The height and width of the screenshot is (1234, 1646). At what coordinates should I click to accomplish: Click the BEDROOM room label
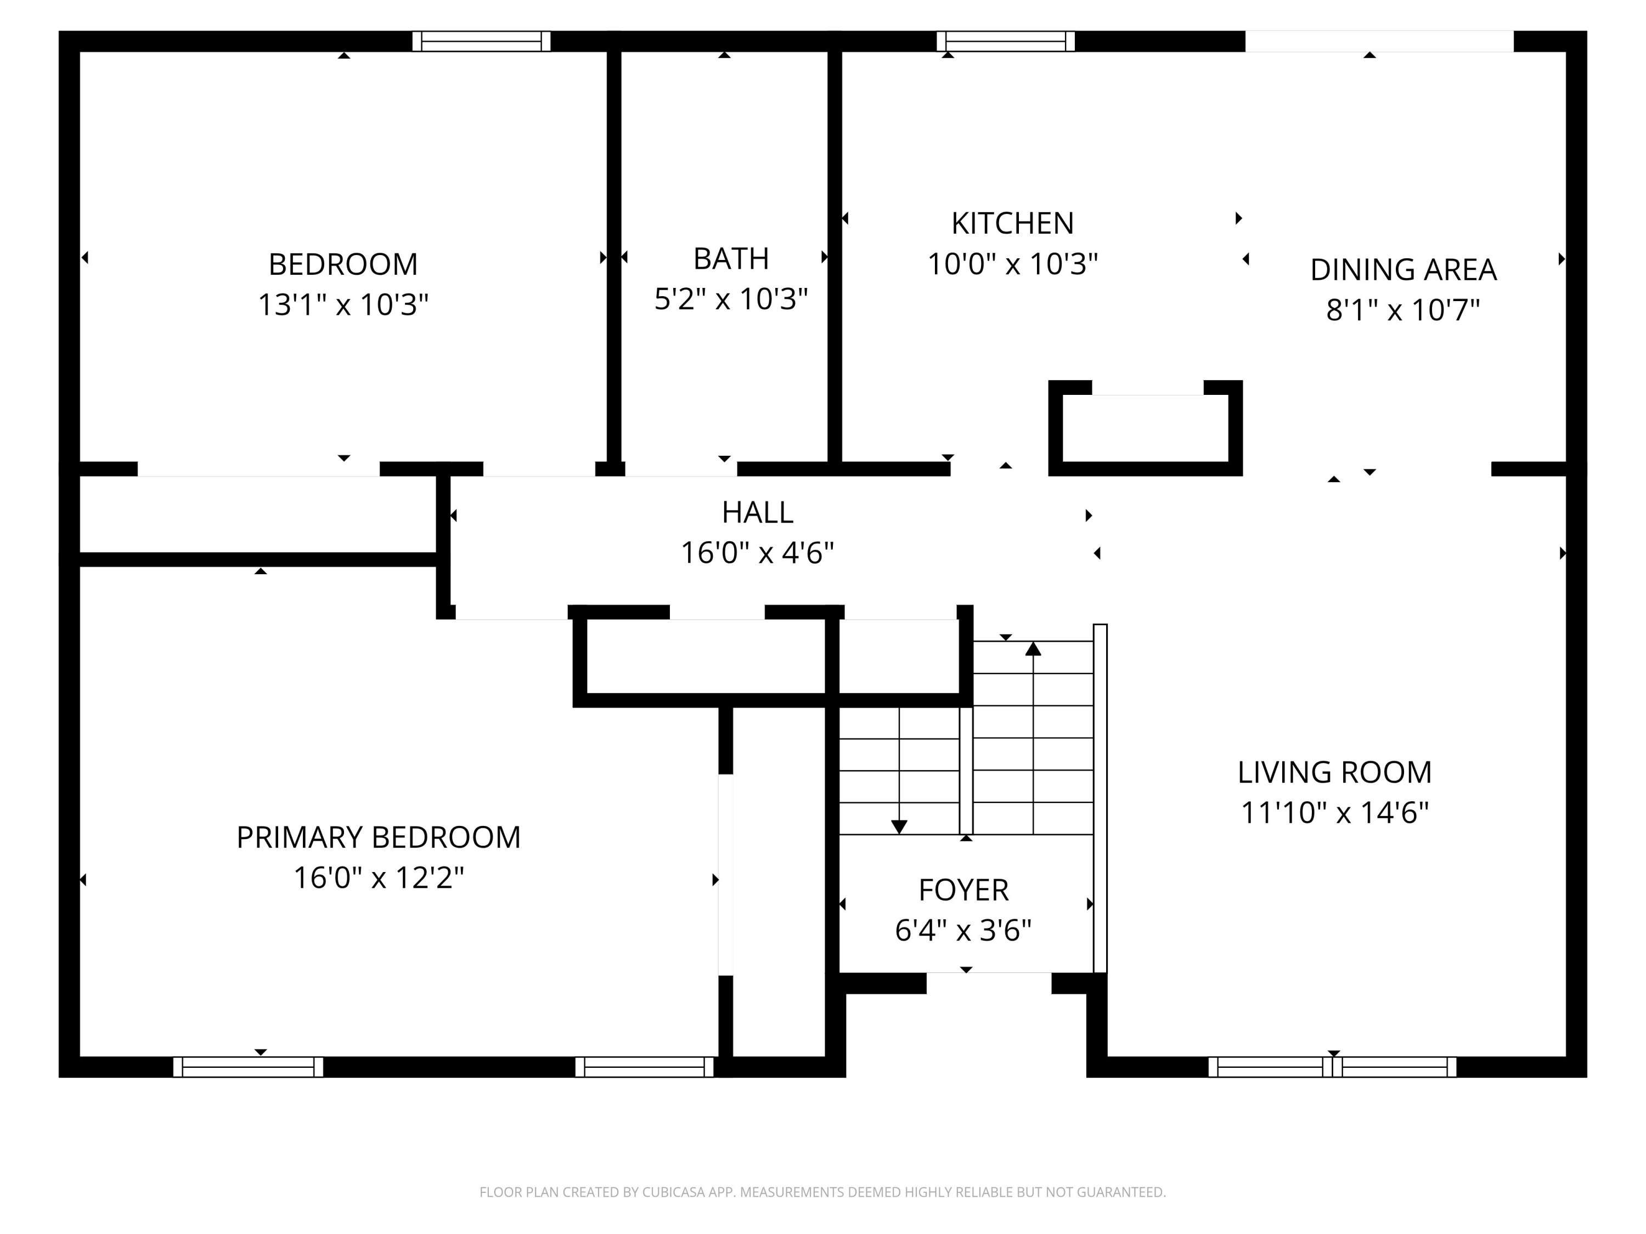[x=343, y=264]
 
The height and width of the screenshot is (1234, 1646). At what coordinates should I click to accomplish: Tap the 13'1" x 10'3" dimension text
[x=343, y=304]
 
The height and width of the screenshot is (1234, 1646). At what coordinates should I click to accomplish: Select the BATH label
[x=731, y=259]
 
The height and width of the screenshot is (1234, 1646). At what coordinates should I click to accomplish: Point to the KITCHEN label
[x=1012, y=223]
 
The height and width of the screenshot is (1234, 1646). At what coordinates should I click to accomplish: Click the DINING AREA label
[x=1403, y=269]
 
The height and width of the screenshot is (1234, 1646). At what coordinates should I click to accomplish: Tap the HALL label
[x=758, y=512]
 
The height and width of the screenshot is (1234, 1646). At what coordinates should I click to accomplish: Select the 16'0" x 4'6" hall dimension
[x=758, y=553]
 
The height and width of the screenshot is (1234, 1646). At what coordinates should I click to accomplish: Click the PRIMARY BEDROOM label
[x=378, y=837]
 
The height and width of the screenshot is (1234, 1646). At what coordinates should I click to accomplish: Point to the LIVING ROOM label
[x=1334, y=772]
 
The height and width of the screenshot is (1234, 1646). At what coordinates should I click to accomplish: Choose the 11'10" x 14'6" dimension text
[x=1334, y=812]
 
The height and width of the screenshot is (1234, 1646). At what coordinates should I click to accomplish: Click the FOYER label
[x=963, y=890]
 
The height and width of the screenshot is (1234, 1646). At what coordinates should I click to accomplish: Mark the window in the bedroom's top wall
[x=481, y=41]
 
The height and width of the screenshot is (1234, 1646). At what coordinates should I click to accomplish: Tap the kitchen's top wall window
[x=1005, y=41]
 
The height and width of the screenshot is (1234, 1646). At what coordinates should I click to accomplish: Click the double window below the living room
[x=1332, y=1067]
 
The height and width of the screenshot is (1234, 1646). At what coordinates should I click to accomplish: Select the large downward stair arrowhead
[x=899, y=827]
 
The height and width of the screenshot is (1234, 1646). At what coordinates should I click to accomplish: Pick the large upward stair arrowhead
[x=1033, y=649]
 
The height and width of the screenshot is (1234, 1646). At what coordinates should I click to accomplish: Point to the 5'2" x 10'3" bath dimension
[x=731, y=299]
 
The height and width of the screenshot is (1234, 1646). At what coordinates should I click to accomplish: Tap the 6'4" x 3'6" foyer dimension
[x=963, y=930]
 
